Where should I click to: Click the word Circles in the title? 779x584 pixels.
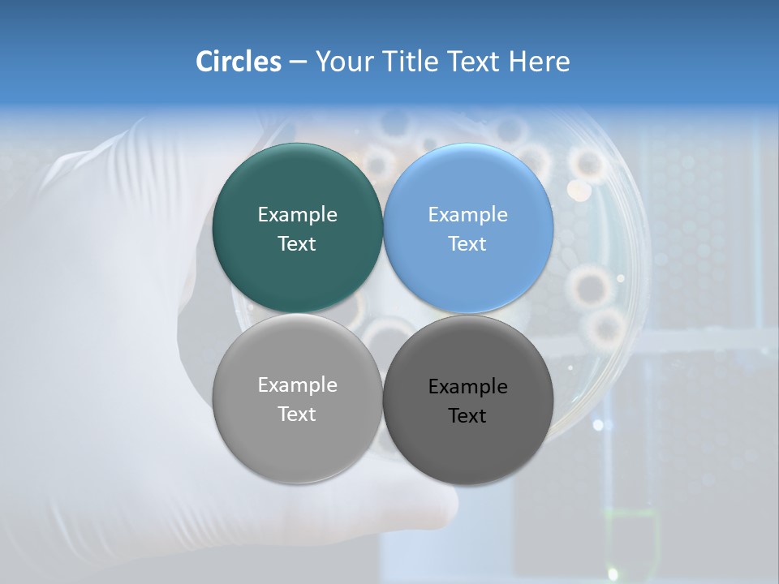click(238, 62)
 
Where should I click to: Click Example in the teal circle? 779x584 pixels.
click(297, 215)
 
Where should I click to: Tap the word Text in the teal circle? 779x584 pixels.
click(297, 244)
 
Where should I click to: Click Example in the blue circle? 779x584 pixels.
click(468, 215)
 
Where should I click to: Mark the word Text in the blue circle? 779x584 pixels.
click(468, 244)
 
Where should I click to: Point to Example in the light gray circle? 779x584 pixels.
click(297, 385)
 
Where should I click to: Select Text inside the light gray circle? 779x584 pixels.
click(297, 414)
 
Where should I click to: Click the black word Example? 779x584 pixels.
click(468, 387)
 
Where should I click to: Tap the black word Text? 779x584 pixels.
click(468, 416)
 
